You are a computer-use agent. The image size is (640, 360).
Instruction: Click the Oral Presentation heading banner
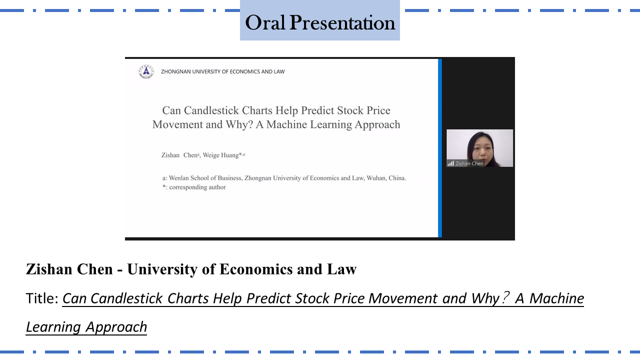coord(319,20)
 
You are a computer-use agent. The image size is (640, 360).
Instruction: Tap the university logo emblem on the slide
coord(146,71)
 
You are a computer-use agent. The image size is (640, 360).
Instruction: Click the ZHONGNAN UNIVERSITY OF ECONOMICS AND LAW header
coord(223,71)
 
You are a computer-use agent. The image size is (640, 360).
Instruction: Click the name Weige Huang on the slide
coord(221,155)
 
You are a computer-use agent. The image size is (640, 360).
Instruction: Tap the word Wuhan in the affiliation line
coord(376,178)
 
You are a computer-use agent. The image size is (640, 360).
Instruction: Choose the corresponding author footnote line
coord(194,187)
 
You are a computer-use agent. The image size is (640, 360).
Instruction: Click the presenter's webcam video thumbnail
coord(479,148)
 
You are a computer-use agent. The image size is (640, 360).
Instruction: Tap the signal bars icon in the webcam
coord(451,163)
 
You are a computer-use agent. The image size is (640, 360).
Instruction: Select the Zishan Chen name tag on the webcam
coord(469,163)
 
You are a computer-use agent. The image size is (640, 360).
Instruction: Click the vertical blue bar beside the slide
coord(440,148)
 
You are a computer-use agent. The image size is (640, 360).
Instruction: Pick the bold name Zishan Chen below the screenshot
coord(69,269)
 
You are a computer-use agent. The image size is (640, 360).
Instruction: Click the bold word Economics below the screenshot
coord(256,269)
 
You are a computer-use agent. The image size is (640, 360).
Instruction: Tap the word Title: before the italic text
coord(42,298)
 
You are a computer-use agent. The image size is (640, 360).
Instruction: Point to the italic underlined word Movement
coord(403,298)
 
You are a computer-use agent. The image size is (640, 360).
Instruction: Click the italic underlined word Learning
coord(53,327)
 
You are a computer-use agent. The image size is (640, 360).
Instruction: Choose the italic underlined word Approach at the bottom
coord(116,327)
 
